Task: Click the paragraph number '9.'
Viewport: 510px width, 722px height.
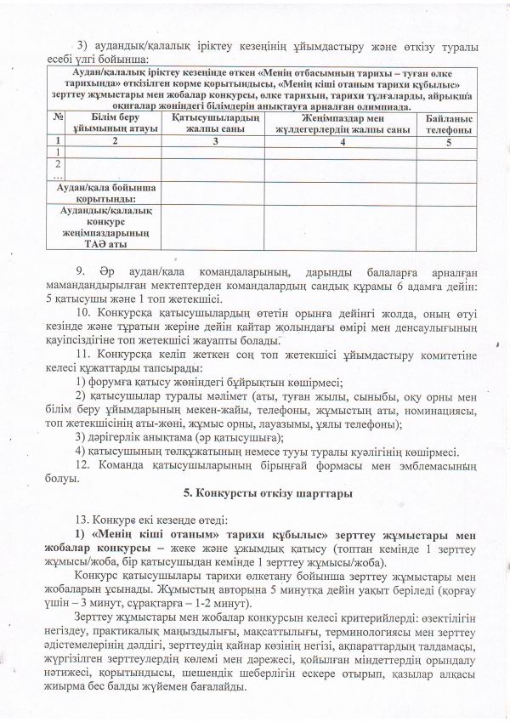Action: click(x=82, y=272)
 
